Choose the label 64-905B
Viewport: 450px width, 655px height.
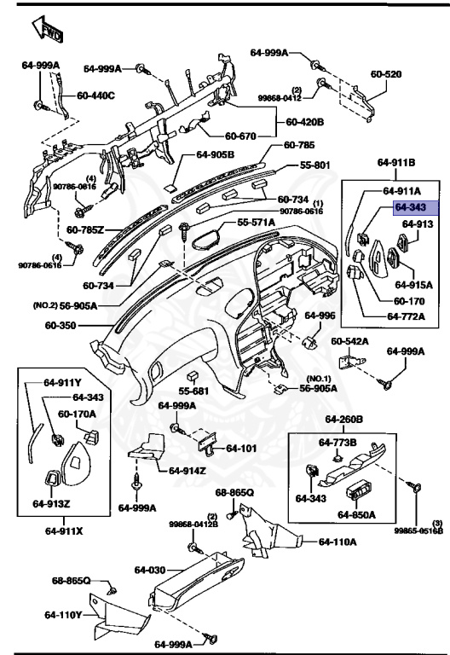214,155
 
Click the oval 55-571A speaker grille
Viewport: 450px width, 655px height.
205,235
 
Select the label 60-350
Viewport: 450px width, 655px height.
61,325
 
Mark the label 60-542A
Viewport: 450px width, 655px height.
349,342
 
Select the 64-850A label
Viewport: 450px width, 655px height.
356,514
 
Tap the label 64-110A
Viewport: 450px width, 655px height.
338,541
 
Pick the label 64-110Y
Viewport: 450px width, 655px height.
64,615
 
